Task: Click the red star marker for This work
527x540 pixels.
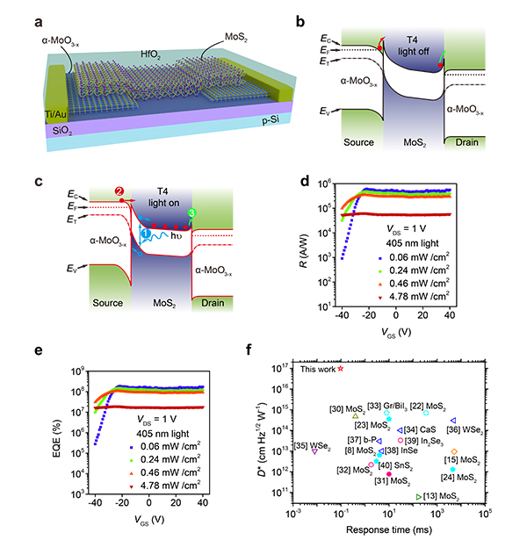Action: coord(340,369)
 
